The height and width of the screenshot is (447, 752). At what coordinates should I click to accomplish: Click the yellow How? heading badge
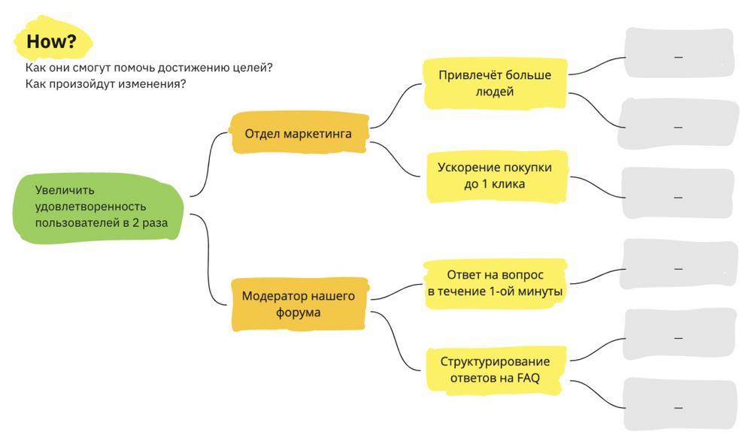(51, 42)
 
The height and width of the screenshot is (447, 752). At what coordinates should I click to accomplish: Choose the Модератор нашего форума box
(298, 304)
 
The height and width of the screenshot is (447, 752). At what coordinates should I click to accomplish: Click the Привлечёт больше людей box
(495, 83)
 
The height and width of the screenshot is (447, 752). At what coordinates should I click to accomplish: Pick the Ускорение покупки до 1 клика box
(495, 176)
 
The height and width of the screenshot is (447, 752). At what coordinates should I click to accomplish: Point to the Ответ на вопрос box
(495, 283)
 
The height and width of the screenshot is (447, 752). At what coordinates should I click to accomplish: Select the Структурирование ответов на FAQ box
(495, 370)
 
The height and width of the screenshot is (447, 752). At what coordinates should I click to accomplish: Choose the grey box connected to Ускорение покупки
(678, 195)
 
